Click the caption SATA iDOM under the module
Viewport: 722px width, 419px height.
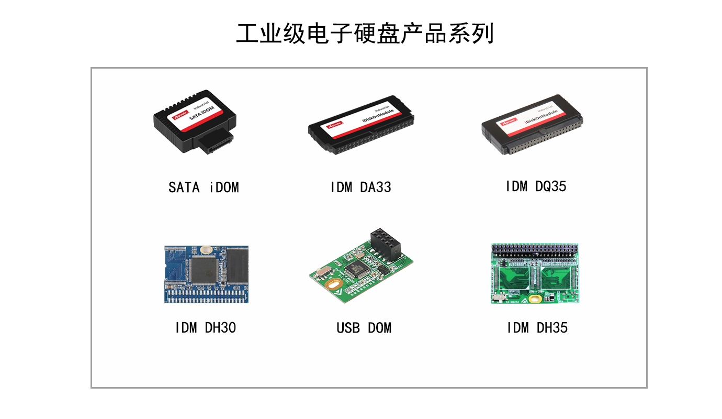coord(204,187)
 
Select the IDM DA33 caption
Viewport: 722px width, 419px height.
coord(360,187)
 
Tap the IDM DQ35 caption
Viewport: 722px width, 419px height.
coord(536,186)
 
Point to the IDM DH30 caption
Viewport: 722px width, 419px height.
coord(205,328)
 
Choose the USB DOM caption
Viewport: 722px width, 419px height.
coord(364,328)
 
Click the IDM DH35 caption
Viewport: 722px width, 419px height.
coord(537,328)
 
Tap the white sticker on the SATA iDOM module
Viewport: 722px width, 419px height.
coord(197,113)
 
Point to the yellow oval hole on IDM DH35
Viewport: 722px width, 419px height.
coord(535,299)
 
